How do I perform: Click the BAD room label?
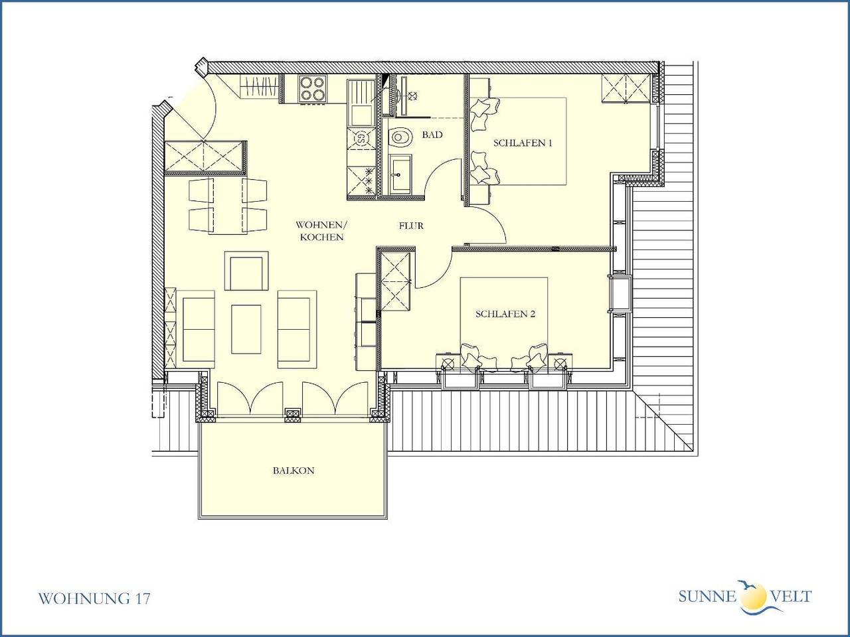click(432, 135)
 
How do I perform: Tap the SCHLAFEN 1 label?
click(522, 143)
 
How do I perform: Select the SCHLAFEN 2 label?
click(505, 314)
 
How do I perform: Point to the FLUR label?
click(411, 226)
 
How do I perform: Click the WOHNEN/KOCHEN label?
click(320, 231)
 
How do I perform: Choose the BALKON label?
click(293, 470)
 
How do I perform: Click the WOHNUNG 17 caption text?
click(94, 599)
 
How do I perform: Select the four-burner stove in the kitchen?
click(313, 89)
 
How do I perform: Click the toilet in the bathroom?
click(400, 138)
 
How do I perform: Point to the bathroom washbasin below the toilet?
click(400, 175)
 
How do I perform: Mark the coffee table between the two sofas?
click(246, 328)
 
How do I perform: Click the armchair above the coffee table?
click(246, 271)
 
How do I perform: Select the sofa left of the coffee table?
click(199, 328)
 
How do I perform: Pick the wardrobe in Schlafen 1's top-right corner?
click(626, 89)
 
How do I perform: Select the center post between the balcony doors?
click(293, 415)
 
